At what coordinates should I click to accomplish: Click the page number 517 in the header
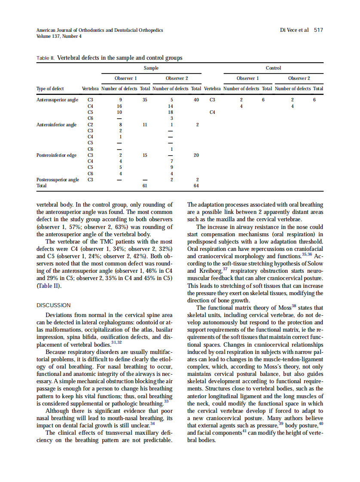pos(318,30)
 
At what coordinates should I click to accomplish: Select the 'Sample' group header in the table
pos(151,68)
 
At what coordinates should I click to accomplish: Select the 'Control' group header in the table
pos(273,68)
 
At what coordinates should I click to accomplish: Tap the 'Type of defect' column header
pos(50,88)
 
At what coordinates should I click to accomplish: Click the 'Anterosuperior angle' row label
pos(58,100)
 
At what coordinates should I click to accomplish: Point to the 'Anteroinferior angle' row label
pos(57,125)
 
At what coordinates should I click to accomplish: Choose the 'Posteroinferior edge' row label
pos(56,155)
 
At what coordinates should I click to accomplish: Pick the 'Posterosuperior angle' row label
pos(58,180)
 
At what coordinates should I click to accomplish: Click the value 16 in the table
pos(120,106)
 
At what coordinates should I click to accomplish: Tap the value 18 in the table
pos(171,112)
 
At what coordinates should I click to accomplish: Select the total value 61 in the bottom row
pos(145,186)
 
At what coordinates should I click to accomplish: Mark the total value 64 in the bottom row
pos(196,186)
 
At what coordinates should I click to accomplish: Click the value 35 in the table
pos(145,100)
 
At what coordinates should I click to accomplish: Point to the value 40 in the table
pos(196,100)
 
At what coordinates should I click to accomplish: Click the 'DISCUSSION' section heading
pos(54,305)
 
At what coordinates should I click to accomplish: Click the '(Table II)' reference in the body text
pos(49,286)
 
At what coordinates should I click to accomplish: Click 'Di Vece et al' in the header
pos(294,30)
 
